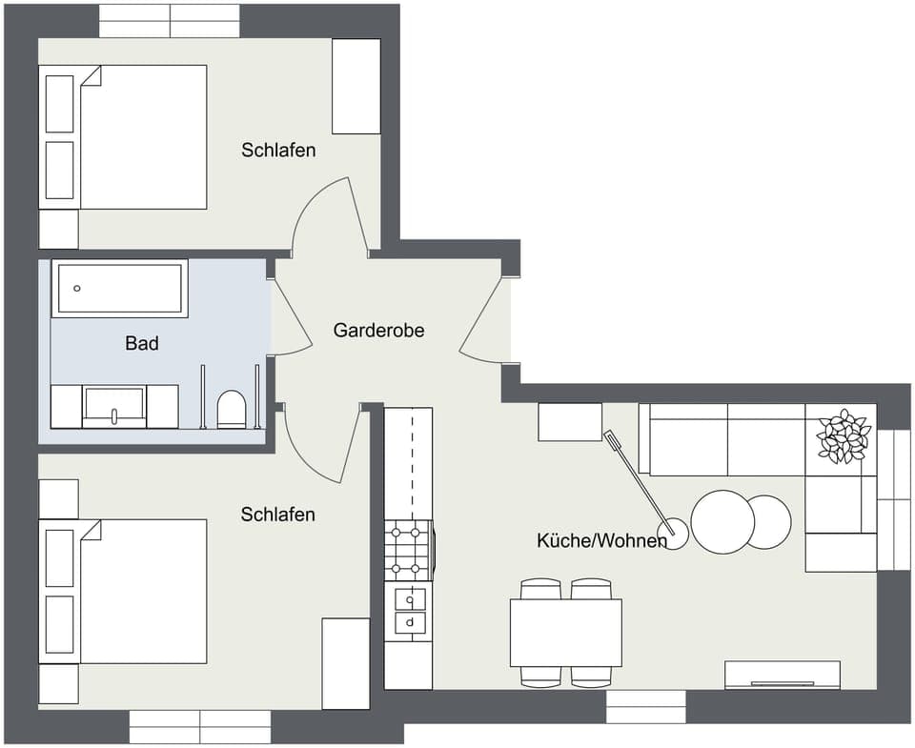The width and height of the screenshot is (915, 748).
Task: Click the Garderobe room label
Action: [378, 331]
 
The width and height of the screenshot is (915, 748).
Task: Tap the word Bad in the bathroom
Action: [142, 343]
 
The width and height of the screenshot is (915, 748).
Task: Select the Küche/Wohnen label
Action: [601, 541]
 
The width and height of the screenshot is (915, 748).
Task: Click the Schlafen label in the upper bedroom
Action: [278, 151]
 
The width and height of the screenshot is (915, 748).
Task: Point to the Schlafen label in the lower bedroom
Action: [277, 515]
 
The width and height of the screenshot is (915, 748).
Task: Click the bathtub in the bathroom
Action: [119, 288]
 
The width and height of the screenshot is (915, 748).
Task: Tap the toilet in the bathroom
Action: [232, 410]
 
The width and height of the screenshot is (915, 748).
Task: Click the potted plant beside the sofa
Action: [843, 437]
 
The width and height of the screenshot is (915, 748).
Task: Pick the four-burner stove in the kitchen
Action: [408, 551]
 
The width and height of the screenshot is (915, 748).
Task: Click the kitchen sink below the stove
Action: [410, 610]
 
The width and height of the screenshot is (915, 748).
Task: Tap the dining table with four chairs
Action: [565, 633]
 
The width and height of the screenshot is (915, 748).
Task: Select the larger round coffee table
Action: [722, 521]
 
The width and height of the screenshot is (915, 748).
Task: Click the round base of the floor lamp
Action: [675, 535]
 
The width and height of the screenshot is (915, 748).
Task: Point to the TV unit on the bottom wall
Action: [783, 675]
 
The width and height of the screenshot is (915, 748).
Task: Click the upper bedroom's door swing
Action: [329, 217]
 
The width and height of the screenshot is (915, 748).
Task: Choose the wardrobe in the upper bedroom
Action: [356, 87]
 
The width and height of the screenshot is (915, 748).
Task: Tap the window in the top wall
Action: [170, 21]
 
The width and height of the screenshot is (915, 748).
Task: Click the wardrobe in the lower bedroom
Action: [345, 663]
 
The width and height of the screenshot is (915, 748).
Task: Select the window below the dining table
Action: [645, 706]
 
